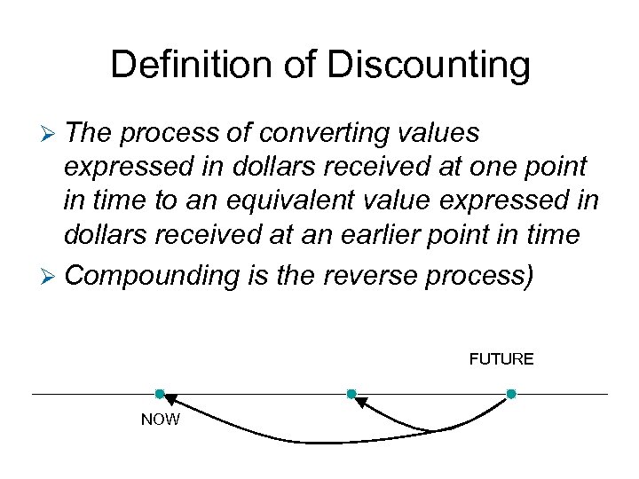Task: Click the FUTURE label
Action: click(501, 359)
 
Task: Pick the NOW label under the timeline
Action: click(160, 420)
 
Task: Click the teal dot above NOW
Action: click(160, 394)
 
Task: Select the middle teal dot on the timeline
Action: click(351, 394)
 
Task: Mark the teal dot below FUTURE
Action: click(511, 394)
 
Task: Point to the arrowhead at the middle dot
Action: click(360, 402)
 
